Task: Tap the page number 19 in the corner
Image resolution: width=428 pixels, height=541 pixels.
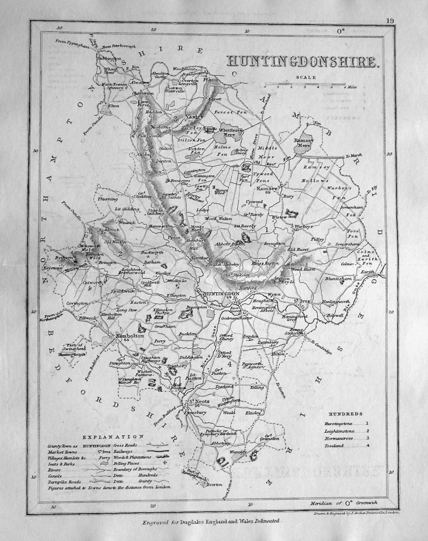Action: click(x=389, y=21)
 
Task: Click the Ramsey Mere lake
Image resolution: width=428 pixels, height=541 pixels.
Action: click(x=302, y=145)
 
